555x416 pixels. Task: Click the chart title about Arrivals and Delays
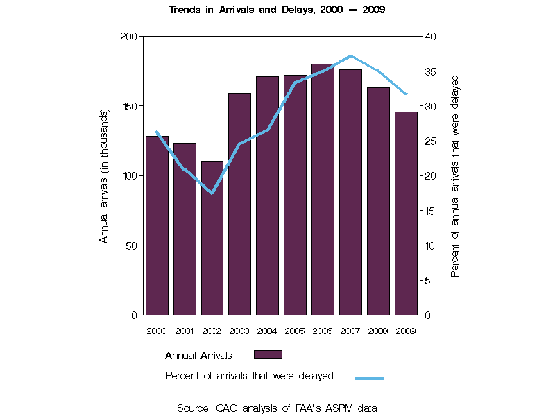click(277, 10)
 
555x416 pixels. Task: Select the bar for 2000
click(157, 225)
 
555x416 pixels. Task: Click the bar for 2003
click(240, 204)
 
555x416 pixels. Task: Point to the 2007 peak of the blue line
click(351, 55)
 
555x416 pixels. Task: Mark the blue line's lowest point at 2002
click(212, 193)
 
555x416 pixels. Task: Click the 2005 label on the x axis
click(295, 331)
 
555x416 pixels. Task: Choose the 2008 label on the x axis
click(378, 331)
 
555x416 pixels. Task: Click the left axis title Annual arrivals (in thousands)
click(105, 175)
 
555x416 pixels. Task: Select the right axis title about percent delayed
click(455, 175)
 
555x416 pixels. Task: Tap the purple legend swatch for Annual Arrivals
click(268, 355)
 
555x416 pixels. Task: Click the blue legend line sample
click(369, 378)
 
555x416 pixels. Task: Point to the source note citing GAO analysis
click(277, 408)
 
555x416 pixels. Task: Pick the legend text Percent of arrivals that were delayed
click(250, 376)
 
